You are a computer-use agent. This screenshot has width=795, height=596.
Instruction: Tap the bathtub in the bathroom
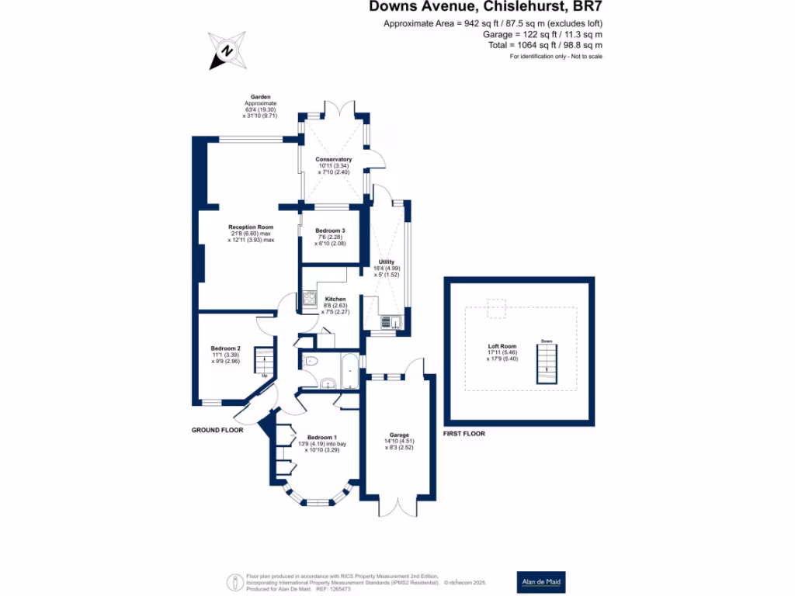349,371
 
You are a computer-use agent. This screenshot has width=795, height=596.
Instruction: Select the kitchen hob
309,296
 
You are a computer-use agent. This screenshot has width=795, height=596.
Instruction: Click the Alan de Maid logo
541,581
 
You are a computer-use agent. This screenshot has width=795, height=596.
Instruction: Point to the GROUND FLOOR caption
217,430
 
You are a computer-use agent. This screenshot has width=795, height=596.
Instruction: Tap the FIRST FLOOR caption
463,434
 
